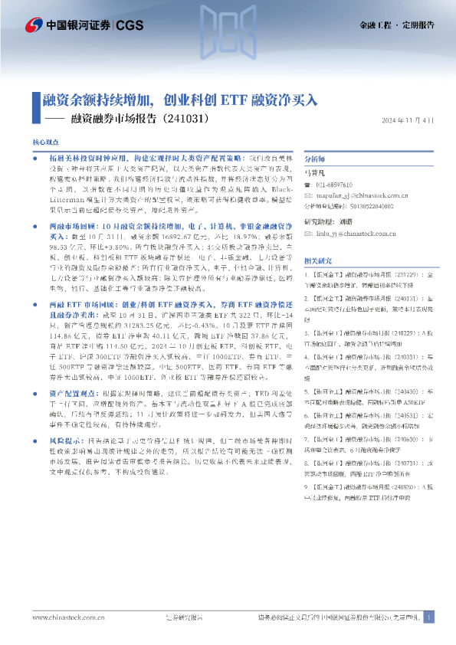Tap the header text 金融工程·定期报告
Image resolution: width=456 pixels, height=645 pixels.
click(396, 25)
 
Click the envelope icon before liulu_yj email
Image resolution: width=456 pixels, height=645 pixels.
click(308, 234)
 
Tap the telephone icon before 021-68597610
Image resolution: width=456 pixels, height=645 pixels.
click(308, 185)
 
